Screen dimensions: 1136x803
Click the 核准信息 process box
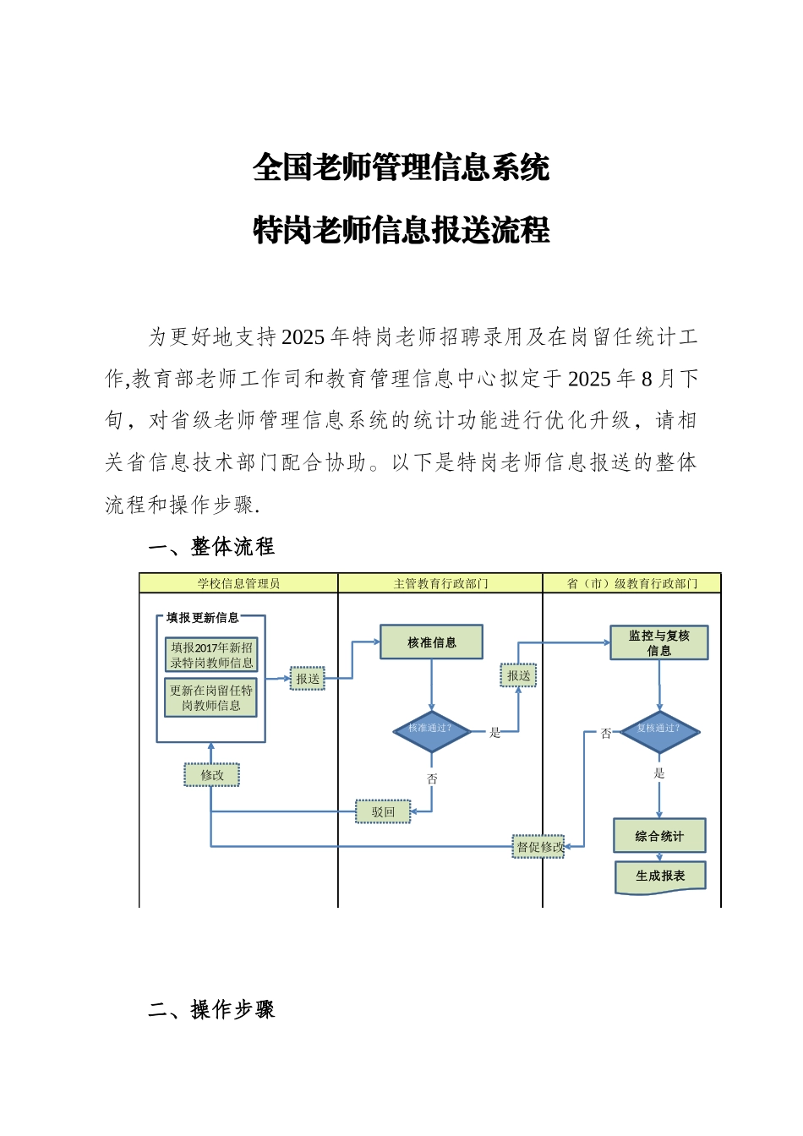click(x=431, y=642)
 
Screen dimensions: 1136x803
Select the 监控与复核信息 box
click(x=658, y=643)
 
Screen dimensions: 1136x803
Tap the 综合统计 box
click(x=659, y=836)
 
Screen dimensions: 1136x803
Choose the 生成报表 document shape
click(x=660, y=877)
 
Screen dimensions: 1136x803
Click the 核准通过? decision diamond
click(x=431, y=729)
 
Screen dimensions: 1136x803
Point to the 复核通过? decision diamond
click(x=658, y=729)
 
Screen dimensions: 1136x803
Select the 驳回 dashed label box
click(x=383, y=812)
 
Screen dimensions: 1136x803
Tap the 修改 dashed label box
click(x=212, y=775)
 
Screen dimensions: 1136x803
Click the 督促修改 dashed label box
click(x=538, y=847)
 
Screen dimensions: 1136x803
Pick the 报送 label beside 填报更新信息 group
click(x=308, y=679)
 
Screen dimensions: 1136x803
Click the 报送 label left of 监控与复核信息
click(x=519, y=676)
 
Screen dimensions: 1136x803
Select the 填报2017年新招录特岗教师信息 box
click(x=211, y=655)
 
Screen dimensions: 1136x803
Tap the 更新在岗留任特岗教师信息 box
click(x=211, y=698)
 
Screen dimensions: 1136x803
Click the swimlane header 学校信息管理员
click(x=238, y=583)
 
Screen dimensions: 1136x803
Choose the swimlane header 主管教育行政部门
click(x=440, y=583)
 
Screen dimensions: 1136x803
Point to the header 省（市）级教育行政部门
click(x=631, y=583)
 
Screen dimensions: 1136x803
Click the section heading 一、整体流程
click(x=211, y=547)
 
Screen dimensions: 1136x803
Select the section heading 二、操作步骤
click(x=211, y=1010)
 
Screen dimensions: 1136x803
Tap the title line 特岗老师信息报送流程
click(x=401, y=230)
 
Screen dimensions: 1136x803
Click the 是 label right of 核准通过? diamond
click(x=495, y=733)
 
